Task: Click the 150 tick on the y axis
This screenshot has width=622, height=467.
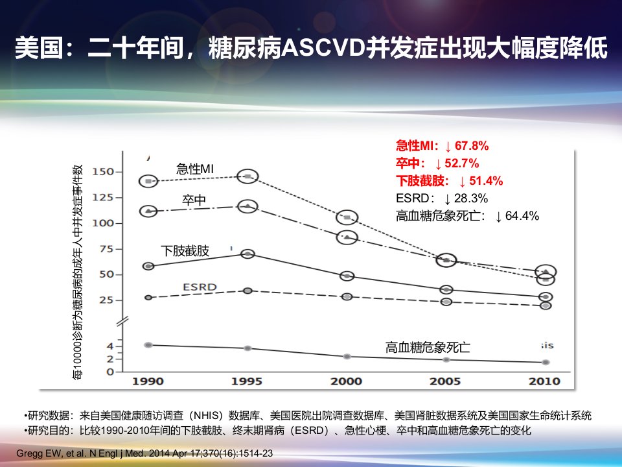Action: [x=103, y=171]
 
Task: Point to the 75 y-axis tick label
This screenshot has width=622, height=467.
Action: [x=106, y=249]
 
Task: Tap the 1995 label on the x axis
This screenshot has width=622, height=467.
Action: [x=247, y=381]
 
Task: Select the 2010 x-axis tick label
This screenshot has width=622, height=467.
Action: [x=544, y=381]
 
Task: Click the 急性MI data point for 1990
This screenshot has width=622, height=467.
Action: [x=149, y=181]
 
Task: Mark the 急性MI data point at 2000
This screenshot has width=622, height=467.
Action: [x=347, y=218]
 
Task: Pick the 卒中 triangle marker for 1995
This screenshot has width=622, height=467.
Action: [x=248, y=206]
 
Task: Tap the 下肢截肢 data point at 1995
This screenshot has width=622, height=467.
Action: [x=248, y=254]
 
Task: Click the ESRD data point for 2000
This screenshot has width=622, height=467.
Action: [x=347, y=296]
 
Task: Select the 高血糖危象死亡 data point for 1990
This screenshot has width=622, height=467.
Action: [x=148, y=344]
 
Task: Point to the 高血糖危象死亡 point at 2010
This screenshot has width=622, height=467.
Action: [x=546, y=362]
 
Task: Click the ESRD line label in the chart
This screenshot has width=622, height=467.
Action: [x=200, y=287]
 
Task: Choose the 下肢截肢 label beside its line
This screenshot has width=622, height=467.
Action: [x=185, y=251]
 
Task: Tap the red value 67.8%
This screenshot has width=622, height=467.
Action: [x=472, y=146]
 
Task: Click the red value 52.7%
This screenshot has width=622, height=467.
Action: [x=462, y=163]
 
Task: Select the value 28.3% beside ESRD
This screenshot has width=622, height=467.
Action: [x=471, y=198]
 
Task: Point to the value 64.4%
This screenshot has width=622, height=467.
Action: [x=522, y=216]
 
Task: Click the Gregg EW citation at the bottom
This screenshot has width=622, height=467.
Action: [x=144, y=453]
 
